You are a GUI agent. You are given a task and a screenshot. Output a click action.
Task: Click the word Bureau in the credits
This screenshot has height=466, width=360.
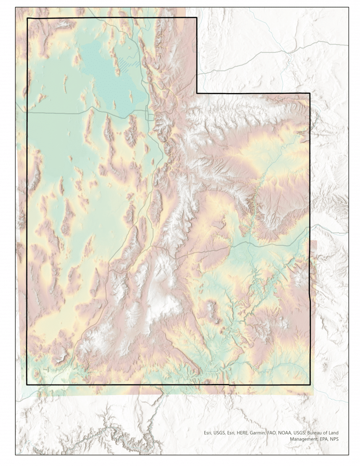317,433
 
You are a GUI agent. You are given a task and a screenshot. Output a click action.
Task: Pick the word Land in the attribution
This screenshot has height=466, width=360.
332,433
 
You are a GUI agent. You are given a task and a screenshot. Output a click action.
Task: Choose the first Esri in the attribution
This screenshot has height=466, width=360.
208,433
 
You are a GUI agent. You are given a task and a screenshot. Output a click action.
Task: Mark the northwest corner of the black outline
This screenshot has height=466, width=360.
28,18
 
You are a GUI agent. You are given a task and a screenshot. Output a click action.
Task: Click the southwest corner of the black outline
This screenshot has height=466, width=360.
27,385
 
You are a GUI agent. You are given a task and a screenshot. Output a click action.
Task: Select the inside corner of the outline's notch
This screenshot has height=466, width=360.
197,93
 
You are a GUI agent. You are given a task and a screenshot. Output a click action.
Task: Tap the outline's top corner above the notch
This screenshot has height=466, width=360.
197,18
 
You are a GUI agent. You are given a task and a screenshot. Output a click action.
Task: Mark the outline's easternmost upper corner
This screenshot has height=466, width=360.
309,93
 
